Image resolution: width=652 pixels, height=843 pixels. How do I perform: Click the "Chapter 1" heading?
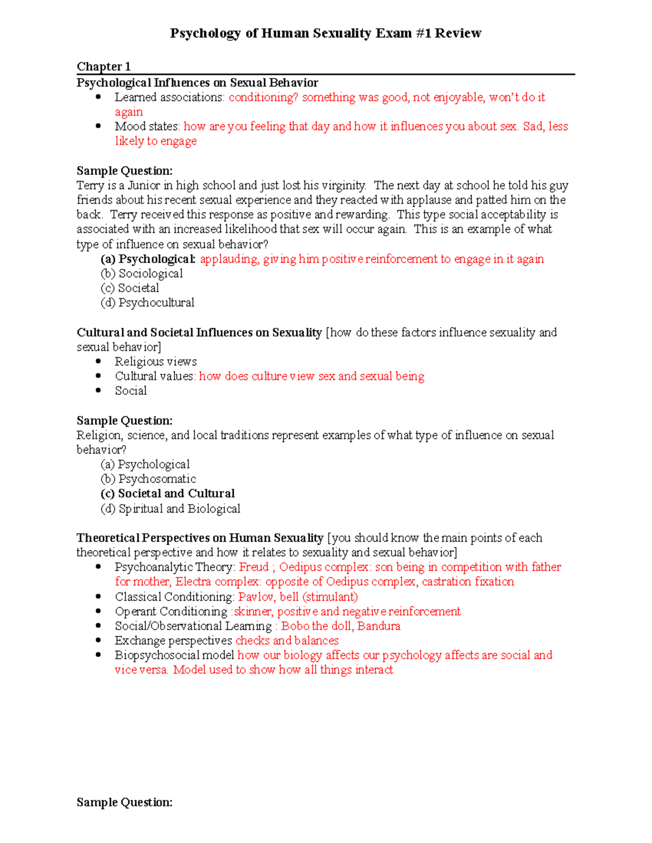(x=103, y=67)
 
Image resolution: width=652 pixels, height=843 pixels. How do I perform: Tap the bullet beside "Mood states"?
(x=98, y=126)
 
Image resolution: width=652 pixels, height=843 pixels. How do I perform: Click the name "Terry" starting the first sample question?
(x=90, y=186)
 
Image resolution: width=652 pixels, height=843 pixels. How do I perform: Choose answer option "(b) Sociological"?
(x=142, y=274)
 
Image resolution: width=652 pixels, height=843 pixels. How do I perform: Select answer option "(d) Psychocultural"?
(x=147, y=303)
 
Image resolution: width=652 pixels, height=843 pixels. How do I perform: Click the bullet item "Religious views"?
(x=155, y=362)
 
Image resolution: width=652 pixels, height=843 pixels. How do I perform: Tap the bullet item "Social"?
(x=130, y=391)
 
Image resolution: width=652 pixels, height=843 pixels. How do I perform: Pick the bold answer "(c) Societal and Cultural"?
(x=168, y=493)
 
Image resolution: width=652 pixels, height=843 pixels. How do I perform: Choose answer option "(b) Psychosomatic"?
(x=148, y=479)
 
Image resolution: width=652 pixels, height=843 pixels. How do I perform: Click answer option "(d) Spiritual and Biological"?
(x=170, y=509)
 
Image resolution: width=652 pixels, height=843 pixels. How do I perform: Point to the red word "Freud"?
(x=254, y=567)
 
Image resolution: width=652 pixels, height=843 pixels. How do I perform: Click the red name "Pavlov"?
(x=256, y=597)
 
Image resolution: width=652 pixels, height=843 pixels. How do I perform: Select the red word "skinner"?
(x=252, y=611)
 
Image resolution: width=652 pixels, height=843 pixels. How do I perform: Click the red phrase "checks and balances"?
(x=287, y=641)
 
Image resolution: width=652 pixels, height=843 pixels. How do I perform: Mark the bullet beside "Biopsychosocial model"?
(x=98, y=655)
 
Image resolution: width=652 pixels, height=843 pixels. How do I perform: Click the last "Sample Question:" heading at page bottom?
(x=124, y=802)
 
